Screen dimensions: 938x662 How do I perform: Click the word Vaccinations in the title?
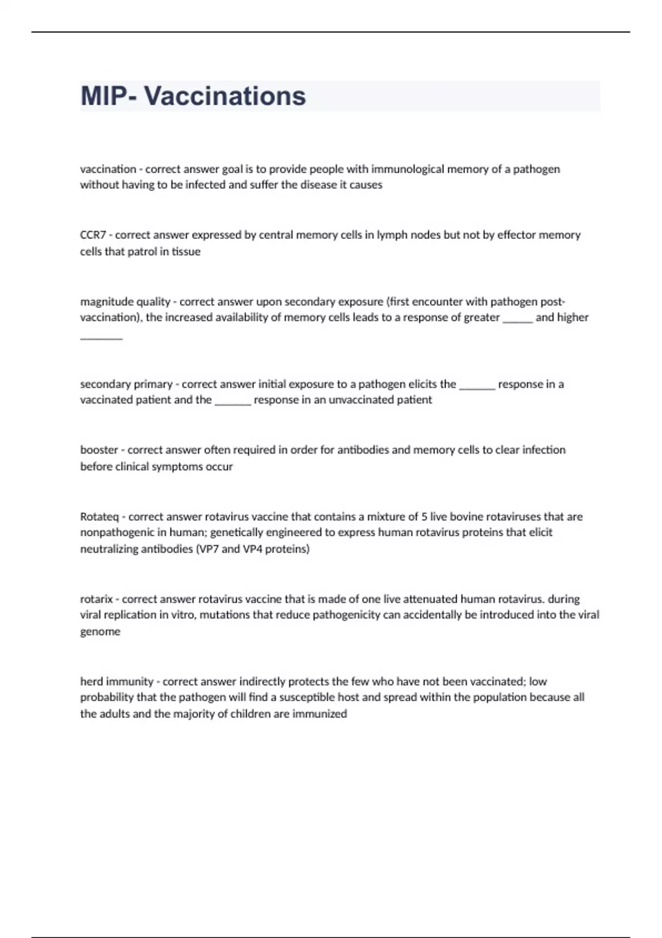click(225, 96)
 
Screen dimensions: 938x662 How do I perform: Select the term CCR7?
click(93, 235)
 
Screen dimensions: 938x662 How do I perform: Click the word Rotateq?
click(99, 517)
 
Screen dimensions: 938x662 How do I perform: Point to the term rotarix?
click(97, 599)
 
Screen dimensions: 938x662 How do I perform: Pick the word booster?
click(99, 450)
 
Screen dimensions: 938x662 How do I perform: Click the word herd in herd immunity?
click(92, 681)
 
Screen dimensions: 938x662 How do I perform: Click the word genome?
click(100, 632)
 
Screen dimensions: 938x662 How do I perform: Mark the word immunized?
click(319, 714)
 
